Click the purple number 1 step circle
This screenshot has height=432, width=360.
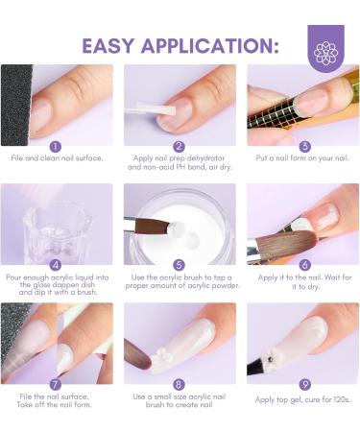coord(55,146)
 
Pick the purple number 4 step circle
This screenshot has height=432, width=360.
coord(55,264)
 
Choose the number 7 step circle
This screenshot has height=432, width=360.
coord(55,383)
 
